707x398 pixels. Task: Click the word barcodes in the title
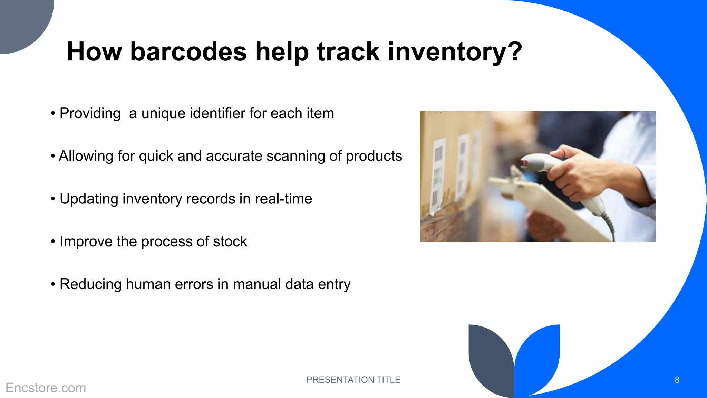(x=188, y=52)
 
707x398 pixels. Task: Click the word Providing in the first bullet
(x=90, y=113)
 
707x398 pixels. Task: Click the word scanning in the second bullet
(x=296, y=156)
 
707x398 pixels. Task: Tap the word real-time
(x=283, y=199)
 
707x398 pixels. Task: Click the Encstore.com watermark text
(x=46, y=388)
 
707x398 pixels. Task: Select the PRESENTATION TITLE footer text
(x=353, y=380)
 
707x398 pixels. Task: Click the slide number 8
(x=677, y=380)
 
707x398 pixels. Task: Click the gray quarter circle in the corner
(x=21, y=21)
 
